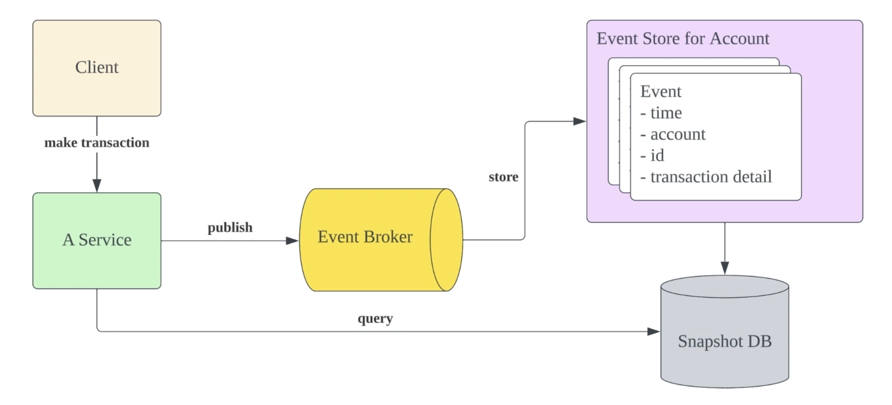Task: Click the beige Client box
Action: point(97,68)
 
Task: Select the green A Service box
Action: point(97,240)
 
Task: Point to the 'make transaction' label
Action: point(97,142)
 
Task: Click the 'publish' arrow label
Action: point(230,227)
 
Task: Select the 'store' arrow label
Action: point(503,177)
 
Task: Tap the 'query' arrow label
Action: point(375,319)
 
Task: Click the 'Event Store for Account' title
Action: point(682,38)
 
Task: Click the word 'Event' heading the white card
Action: point(661,91)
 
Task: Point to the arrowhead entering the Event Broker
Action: point(293,240)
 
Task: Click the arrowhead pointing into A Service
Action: point(97,187)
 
